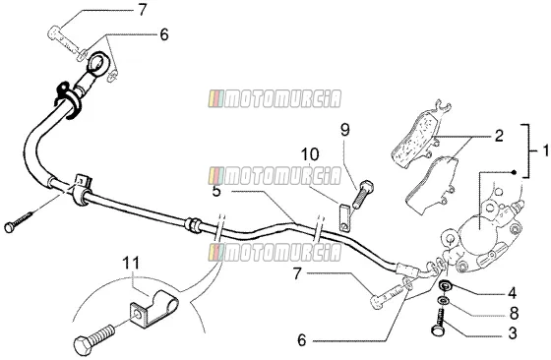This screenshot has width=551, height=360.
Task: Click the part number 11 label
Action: click(x=131, y=264)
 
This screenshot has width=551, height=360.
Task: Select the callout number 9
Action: click(x=345, y=130)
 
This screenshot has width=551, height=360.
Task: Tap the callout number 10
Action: click(x=310, y=154)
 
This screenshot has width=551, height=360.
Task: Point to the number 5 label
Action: click(x=216, y=192)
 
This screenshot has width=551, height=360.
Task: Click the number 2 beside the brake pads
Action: click(x=499, y=136)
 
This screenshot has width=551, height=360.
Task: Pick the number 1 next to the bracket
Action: click(x=545, y=150)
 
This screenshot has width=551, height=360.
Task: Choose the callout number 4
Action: click(x=513, y=293)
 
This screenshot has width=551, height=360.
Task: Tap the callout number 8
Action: click(x=514, y=314)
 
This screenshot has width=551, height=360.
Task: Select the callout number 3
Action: click(x=513, y=333)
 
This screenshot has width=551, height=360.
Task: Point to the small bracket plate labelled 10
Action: click(x=344, y=217)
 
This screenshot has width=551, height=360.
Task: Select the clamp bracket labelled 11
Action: click(x=153, y=307)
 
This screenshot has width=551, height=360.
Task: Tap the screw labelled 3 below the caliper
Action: click(x=439, y=323)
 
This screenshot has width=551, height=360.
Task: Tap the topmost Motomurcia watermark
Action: click(x=275, y=98)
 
